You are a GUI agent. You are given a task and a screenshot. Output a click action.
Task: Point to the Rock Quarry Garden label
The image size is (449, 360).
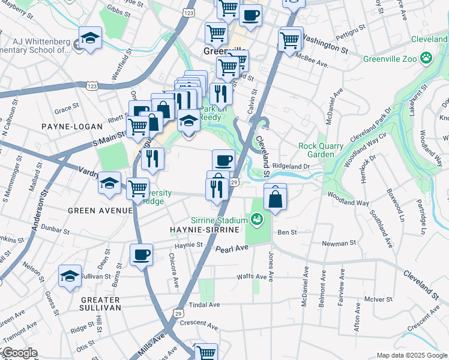321,150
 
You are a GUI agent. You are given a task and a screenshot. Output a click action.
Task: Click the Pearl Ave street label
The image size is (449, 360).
232,248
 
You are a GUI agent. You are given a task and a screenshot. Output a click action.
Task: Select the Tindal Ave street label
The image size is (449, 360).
205,305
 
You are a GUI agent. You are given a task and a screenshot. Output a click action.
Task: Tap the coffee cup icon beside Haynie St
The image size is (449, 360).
142,254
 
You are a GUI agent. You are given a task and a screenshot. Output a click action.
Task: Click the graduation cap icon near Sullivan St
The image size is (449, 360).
70,277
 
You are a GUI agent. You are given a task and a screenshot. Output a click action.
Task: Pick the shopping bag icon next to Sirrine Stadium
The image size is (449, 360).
275,199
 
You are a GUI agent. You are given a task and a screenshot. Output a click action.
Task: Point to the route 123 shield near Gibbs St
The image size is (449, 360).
189,13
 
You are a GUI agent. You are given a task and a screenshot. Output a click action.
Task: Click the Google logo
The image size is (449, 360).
19,353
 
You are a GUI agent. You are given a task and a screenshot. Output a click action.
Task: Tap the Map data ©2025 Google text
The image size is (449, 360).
411,355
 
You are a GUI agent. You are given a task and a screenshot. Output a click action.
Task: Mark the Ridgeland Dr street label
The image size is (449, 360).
291,166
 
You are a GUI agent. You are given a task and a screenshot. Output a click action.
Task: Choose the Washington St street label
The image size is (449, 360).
325,42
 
